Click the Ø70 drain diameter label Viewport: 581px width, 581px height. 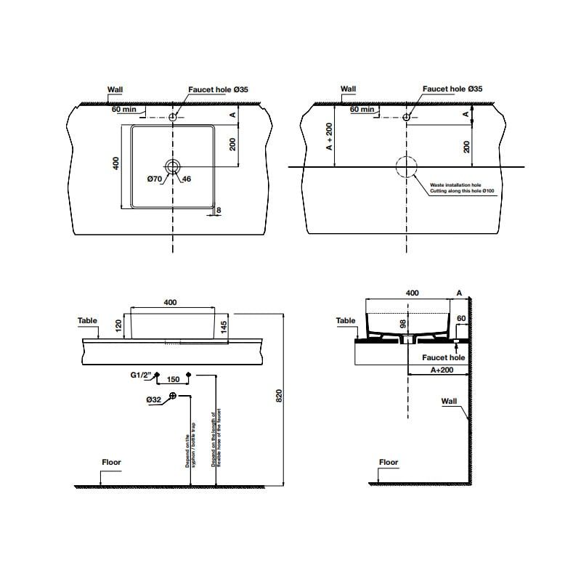153,179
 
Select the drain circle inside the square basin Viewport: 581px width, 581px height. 172,166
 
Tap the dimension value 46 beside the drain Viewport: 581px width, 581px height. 187,179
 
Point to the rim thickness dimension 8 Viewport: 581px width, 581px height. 219,211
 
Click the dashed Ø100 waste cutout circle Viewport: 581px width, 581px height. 406,166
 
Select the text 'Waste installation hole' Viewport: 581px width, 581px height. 455,186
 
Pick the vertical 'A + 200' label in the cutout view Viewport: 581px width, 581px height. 329,137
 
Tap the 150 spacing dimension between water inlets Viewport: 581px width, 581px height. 173,379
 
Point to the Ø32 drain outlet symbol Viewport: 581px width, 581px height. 173,396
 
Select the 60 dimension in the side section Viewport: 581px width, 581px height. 460,319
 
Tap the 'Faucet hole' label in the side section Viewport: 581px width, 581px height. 444,357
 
